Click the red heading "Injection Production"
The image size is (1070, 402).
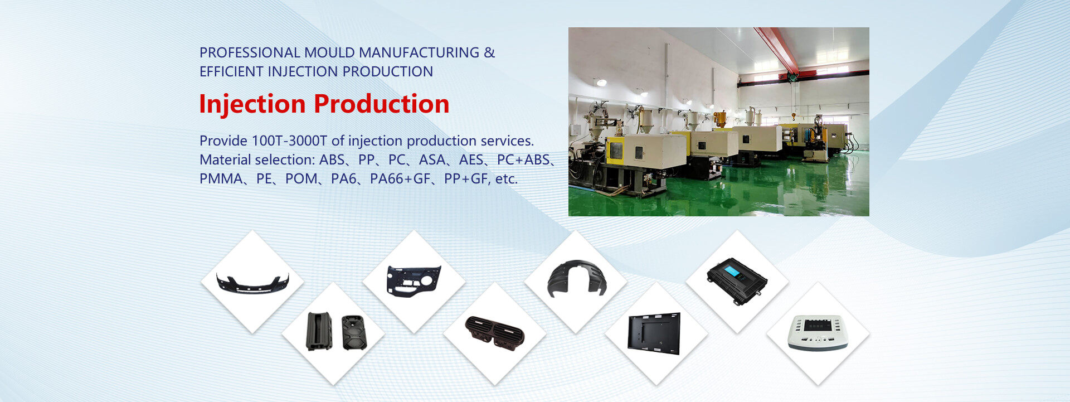[x=324, y=104]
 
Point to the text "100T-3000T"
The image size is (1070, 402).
[x=289, y=141]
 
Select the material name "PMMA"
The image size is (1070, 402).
[x=221, y=178]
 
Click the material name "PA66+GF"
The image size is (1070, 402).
[x=400, y=178]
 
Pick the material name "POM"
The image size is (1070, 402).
[x=301, y=178]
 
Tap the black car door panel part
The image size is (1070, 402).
[x=414, y=281]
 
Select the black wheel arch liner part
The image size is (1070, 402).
[x=576, y=278]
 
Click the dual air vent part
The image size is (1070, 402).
[x=495, y=333]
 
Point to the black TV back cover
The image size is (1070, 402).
[x=654, y=333]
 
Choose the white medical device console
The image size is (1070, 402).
[x=818, y=333]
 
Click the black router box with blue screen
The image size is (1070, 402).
[x=737, y=280]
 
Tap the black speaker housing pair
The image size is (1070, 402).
[x=337, y=332]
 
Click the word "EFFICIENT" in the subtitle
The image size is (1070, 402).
[x=232, y=71]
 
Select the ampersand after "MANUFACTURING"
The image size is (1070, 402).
[x=489, y=52]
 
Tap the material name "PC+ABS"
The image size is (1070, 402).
[x=523, y=159]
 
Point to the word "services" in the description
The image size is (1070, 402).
[x=507, y=141]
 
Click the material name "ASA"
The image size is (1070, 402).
[x=432, y=159]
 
